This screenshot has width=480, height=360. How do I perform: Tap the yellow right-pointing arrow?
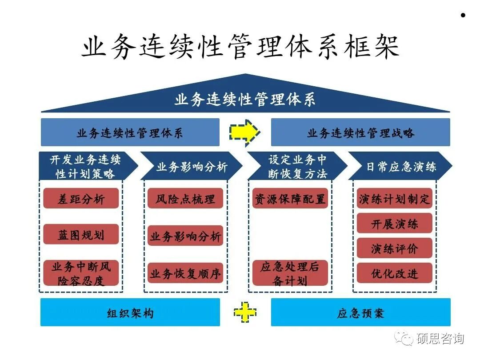(x=244, y=132)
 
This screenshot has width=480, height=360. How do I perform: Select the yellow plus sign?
(x=245, y=312)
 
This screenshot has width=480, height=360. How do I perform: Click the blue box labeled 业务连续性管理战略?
(x=360, y=132)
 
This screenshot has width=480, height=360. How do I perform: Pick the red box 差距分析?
(x=81, y=198)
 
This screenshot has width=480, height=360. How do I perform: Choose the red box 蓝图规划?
(x=81, y=234)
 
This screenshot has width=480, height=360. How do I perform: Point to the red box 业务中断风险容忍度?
(x=81, y=273)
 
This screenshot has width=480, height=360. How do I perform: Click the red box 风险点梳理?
(x=185, y=198)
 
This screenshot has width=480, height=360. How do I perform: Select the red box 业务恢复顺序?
(x=185, y=273)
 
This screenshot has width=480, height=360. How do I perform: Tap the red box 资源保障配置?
(x=290, y=198)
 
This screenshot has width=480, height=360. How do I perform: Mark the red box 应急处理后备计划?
(x=290, y=273)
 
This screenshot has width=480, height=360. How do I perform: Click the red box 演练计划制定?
(x=395, y=198)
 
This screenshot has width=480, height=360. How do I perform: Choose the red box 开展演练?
(x=395, y=224)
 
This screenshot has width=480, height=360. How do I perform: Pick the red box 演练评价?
(x=395, y=248)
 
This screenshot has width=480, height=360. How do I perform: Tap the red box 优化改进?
(x=395, y=273)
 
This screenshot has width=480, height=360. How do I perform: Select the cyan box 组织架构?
(x=130, y=312)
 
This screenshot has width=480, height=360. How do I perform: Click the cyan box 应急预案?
(x=360, y=312)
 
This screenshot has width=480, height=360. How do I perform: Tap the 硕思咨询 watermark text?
(x=440, y=339)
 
